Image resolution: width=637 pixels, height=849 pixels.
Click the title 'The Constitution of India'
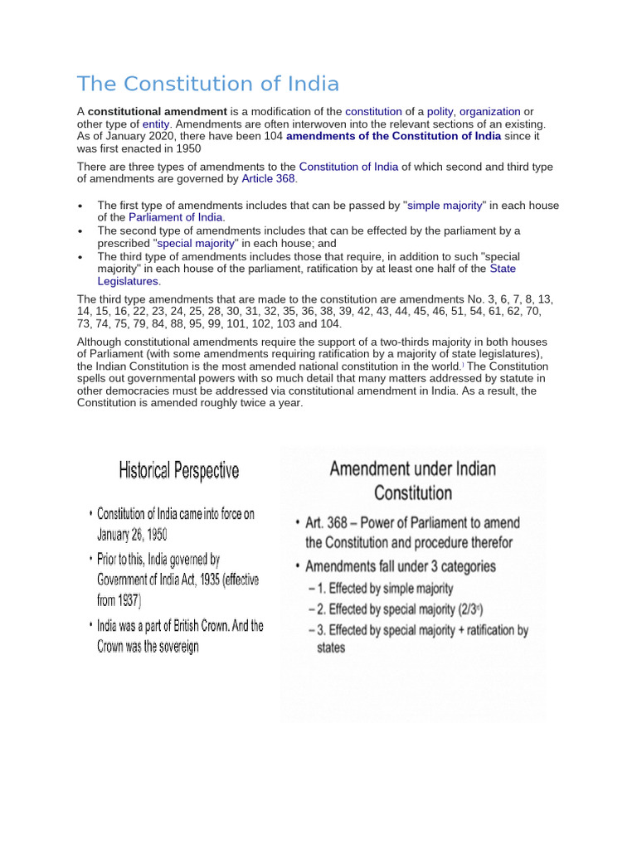(x=208, y=84)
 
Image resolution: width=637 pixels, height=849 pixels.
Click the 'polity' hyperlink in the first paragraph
(x=440, y=111)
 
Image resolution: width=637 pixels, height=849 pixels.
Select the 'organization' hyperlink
(x=490, y=111)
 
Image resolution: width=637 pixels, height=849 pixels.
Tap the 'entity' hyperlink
(x=156, y=124)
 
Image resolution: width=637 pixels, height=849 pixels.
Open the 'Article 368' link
(x=268, y=179)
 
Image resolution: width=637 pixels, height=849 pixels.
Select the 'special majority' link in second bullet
(x=197, y=243)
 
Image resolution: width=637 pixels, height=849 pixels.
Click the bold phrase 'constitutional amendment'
(x=158, y=111)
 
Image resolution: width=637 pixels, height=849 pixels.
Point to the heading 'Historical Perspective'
(x=178, y=472)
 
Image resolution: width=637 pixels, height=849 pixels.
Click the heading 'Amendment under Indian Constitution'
(x=413, y=481)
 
